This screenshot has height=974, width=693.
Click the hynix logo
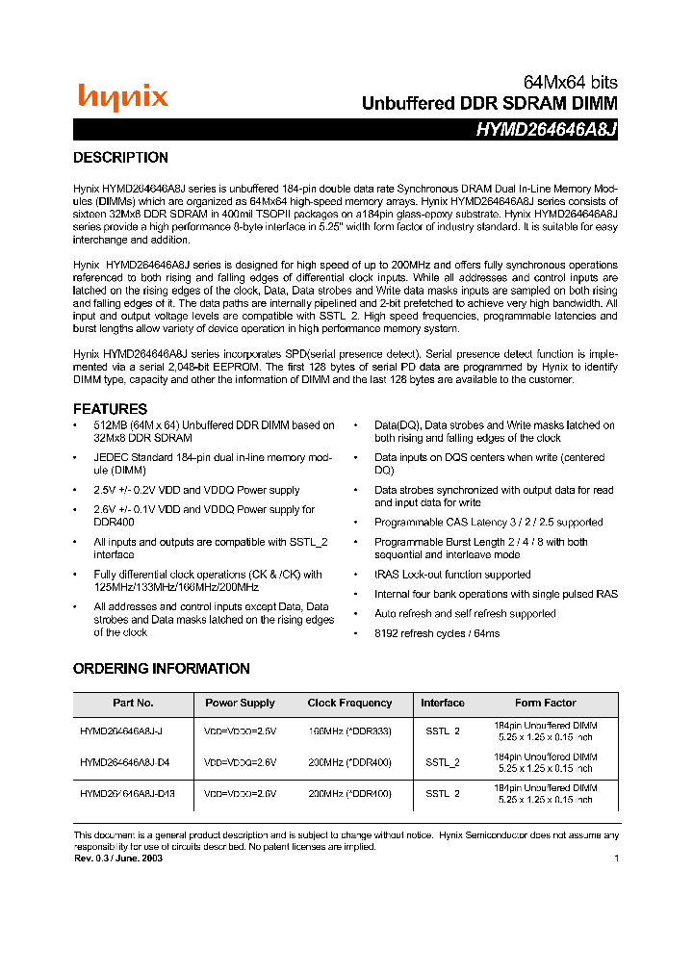pos(123,96)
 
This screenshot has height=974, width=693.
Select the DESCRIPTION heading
pos(120,158)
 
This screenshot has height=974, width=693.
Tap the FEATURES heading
pos(110,408)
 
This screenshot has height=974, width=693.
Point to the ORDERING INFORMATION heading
pos(161,669)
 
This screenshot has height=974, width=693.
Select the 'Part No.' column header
pos(133,704)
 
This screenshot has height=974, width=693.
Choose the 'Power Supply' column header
pos(240,704)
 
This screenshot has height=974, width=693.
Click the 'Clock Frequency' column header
pos(349,704)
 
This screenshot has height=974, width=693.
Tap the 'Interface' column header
pos(443,704)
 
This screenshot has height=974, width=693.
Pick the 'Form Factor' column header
pos(545,704)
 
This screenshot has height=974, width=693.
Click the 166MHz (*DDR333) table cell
pos(349,731)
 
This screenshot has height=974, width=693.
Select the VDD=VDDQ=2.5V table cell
pos(240,731)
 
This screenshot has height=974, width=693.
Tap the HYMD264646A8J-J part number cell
pos(120,731)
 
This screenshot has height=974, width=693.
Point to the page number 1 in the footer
pos(615,858)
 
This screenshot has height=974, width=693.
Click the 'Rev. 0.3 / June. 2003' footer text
pos(117,858)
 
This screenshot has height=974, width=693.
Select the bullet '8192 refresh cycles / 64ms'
pos(437,634)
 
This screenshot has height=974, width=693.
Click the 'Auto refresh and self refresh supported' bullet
pos(465,614)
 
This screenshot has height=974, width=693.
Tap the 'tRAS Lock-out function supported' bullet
pos(452,575)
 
